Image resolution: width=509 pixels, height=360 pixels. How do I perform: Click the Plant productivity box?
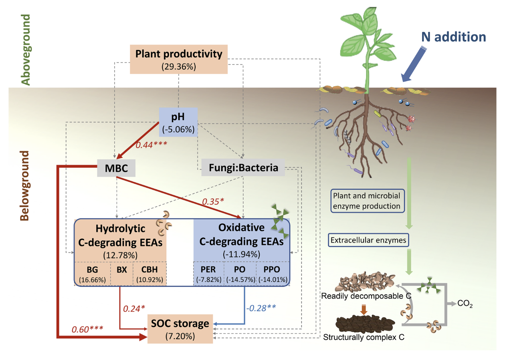point(179,59)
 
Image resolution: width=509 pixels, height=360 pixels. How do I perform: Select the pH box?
point(178,122)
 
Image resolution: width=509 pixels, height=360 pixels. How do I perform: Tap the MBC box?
point(117,168)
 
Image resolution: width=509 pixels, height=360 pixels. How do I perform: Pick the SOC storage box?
point(181,328)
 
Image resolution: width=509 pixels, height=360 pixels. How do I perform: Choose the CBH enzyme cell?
point(149,274)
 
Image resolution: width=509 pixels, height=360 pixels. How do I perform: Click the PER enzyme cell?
point(208,274)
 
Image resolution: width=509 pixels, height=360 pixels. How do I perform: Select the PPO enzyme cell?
point(272,274)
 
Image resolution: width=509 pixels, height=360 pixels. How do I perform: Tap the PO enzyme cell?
point(239,274)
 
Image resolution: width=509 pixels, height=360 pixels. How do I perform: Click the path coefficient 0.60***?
point(87,330)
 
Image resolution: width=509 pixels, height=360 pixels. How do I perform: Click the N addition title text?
point(453,37)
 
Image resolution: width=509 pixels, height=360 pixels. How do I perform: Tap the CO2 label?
point(465,304)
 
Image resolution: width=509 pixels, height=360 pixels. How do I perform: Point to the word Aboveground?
point(26,50)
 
